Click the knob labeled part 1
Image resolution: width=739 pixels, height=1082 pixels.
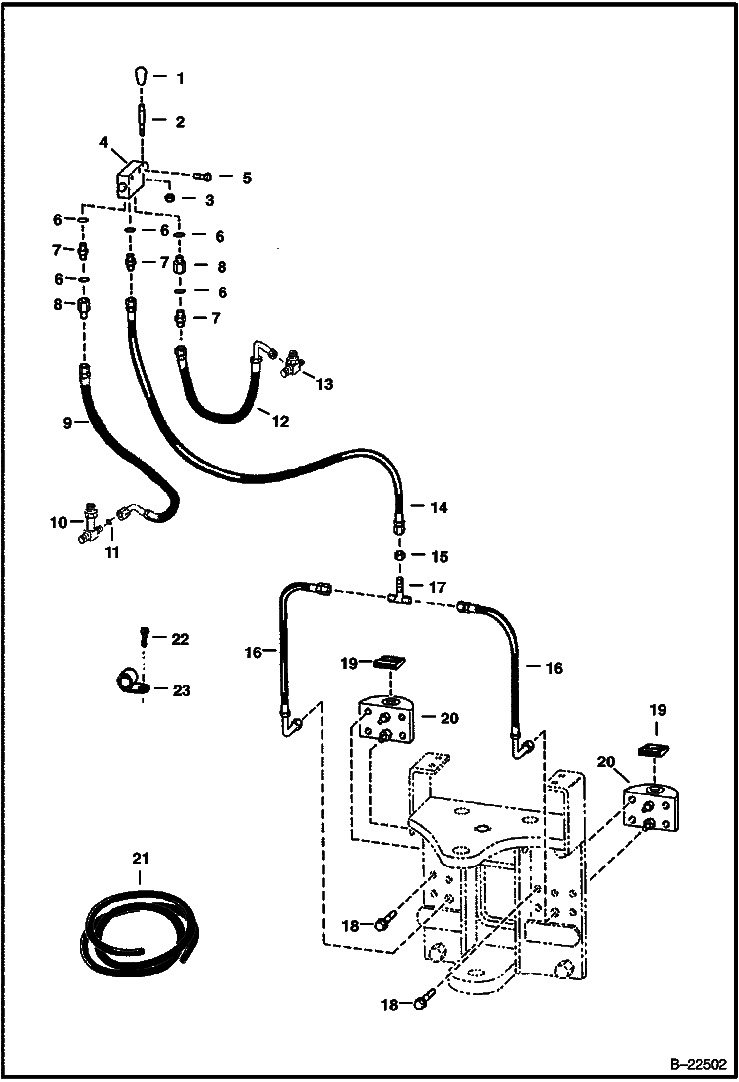click(x=141, y=77)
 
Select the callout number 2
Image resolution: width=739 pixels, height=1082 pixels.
click(x=180, y=122)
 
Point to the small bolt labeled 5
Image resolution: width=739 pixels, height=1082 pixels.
click(x=203, y=176)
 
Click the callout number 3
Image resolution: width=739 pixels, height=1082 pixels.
click(x=209, y=200)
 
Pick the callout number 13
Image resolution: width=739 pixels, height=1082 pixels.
click(x=324, y=384)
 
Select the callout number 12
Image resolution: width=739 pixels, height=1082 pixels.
click(x=280, y=421)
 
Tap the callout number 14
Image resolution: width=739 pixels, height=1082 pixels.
click(x=439, y=507)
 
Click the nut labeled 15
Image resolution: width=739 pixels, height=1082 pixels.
click(x=400, y=555)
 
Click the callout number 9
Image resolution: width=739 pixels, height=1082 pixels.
click(x=67, y=423)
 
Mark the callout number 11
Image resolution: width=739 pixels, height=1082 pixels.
click(x=112, y=553)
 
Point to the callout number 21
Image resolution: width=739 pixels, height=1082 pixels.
click(x=140, y=859)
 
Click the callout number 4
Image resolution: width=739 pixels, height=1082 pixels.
click(x=103, y=143)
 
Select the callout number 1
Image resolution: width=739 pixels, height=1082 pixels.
click(x=180, y=78)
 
